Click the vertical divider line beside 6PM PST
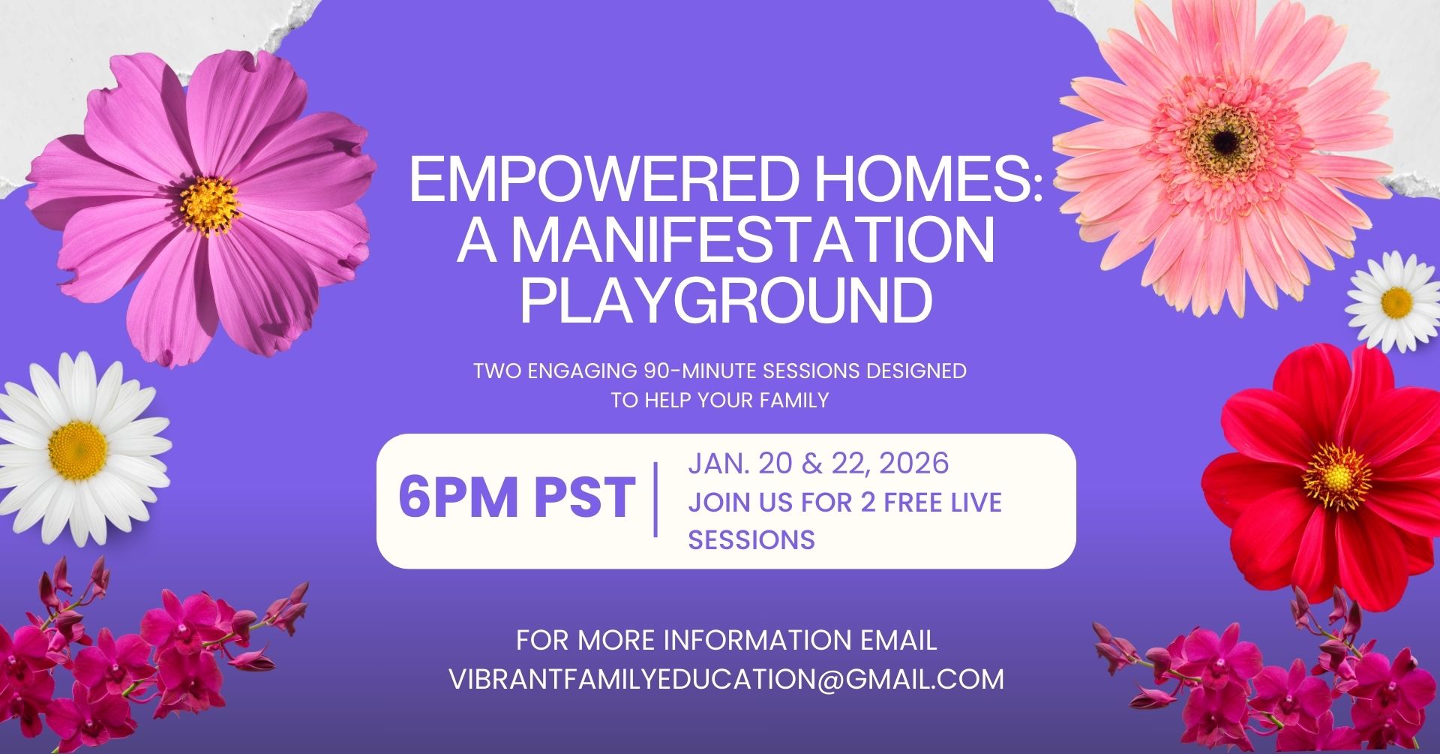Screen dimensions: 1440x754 click(656, 499)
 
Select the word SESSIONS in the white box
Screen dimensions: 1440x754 click(751, 539)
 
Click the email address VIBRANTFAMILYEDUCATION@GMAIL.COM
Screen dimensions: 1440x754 click(726, 679)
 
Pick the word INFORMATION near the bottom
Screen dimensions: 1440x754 click(757, 641)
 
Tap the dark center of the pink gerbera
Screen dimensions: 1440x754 click(1225, 140)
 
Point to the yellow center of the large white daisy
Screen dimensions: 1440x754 click(78, 450)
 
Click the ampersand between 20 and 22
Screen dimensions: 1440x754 click(812, 464)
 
